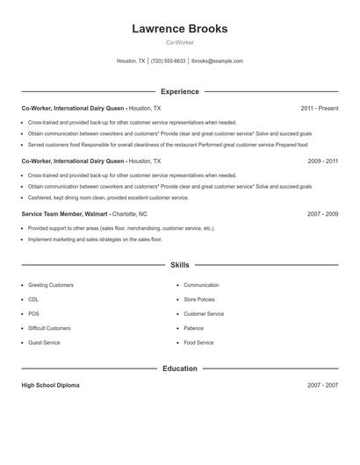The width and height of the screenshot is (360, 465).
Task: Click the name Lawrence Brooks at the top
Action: coord(179,29)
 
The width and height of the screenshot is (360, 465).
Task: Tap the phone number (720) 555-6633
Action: coord(169,61)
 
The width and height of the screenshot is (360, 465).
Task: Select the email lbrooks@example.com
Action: coord(217,61)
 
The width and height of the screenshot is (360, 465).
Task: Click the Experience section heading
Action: coord(179,91)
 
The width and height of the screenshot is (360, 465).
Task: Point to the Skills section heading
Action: coord(179,265)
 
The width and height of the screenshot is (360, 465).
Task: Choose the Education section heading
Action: coord(179,368)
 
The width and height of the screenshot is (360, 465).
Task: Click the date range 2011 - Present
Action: coord(319,109)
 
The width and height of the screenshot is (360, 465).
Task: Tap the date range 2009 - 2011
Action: coord(322,161)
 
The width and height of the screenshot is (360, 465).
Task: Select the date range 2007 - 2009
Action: coord(322,214)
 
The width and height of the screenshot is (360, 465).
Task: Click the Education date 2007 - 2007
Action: coord(322,386)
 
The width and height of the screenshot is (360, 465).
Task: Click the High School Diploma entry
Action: coord(50,386)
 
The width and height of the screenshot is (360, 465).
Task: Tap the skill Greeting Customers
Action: coord(51,285)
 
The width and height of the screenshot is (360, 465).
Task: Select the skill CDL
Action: coord(33,299)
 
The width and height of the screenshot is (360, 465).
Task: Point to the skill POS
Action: coord(33,313)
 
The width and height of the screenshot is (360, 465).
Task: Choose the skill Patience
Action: coord(193,328)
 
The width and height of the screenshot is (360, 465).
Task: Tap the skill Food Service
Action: coord(198,342)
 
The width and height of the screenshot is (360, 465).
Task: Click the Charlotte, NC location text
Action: coord(130,214)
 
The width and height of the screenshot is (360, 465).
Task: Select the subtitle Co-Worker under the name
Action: coord(179,42)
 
